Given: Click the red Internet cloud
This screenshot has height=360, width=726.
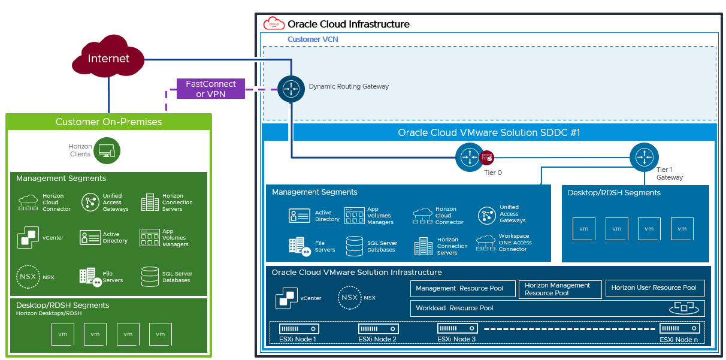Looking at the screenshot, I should click(x=108, y=59).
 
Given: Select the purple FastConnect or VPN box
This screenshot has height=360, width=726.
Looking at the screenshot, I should click(x=211, y=89).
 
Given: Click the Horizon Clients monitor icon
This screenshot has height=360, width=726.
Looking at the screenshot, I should click(x=108, y=150).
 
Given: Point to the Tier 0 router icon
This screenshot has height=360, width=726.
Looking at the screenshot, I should click(x=468, y=157).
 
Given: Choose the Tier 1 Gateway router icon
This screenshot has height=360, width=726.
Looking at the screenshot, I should click(x=644, y=156).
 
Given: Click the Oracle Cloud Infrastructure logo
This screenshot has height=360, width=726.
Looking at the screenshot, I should click(x=274, y=24).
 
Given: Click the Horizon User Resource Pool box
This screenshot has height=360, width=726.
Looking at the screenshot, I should click(x=654, y=288).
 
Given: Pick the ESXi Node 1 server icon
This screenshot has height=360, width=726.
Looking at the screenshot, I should click(x=298, y=329).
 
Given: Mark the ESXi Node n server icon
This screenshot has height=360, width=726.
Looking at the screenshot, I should click(x=679, y=328).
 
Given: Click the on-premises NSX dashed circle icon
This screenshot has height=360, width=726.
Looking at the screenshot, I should click(x=28, y=277).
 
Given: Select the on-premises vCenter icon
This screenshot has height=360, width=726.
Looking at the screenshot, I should click(x=28, y=237).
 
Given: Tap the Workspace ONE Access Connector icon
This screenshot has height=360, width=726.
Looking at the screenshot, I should click(x=486, y=243).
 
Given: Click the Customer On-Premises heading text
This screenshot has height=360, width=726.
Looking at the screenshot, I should click(x=108, y=122).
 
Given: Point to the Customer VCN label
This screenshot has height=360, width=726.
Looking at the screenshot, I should click(x=313, y=39).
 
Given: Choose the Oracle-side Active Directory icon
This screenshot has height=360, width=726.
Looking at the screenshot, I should click(x=300, y=216).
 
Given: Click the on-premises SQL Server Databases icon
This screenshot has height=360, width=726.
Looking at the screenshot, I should click(x=150, y=276).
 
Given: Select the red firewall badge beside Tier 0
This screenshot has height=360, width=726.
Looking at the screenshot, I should click(x=487, y=158).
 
